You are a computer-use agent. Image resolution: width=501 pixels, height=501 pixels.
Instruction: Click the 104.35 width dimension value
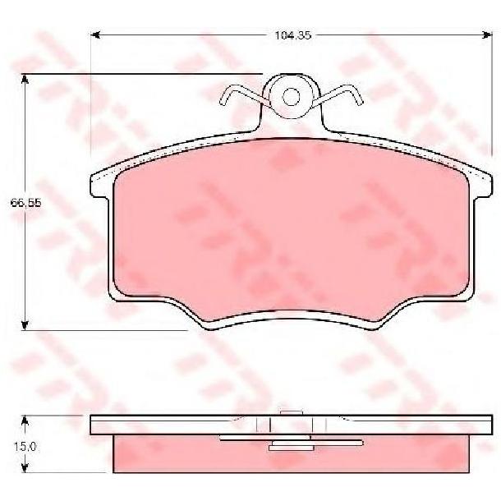click(293, 35)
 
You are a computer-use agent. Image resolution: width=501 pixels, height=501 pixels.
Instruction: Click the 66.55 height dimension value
click(26, 203)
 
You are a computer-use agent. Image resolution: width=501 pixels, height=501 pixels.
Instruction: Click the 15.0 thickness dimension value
click(25, 447)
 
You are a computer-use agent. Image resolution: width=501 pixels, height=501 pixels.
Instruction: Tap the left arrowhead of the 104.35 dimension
click(95, 34)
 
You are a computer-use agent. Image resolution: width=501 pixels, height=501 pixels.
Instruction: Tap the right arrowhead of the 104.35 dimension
click(488, 34)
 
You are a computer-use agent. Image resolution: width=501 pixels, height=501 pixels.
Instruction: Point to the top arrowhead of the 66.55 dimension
click(25, 79)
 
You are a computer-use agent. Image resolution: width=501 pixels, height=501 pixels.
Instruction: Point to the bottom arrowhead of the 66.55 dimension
click(25, 325)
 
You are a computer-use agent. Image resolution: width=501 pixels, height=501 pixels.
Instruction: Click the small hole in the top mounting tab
click(291, 96)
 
